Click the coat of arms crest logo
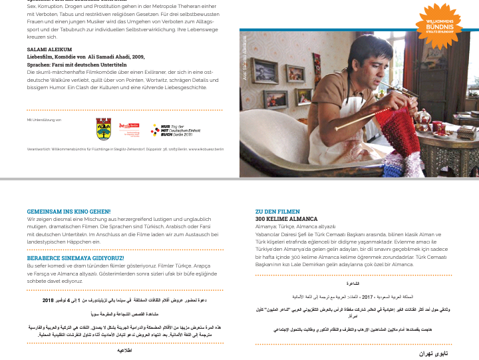[104, 128]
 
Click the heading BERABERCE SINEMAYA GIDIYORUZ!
[75, 258]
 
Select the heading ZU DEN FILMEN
[277, 212]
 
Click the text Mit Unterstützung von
[44, 119]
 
